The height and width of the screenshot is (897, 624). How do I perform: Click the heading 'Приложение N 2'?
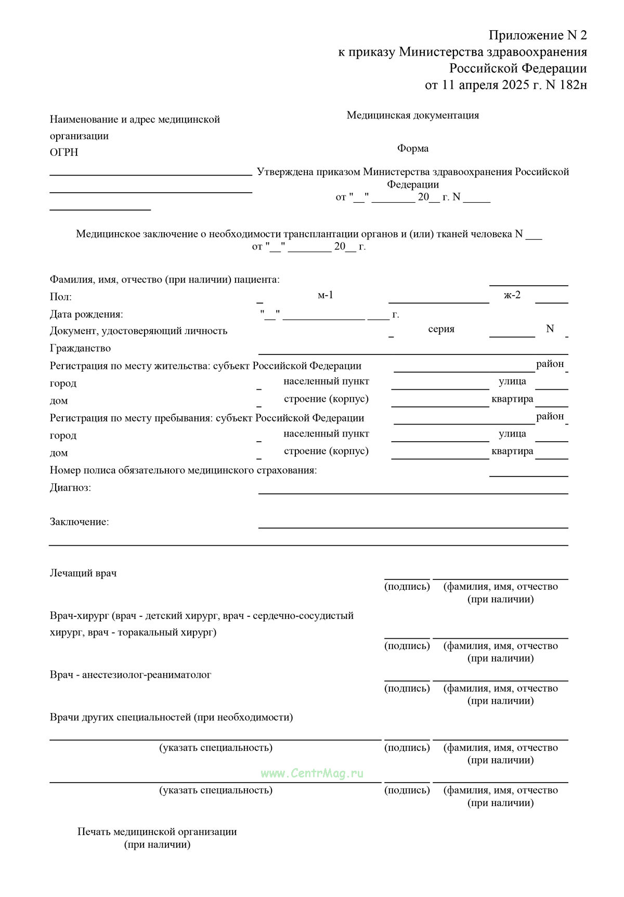tap(537, 35)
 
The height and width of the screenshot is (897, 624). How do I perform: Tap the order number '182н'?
tap(573, 85)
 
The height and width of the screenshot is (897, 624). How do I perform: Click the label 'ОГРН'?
tap(64, 152)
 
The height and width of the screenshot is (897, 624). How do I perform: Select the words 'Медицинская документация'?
tap(413, 115)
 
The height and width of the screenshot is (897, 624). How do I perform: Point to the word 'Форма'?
tap(413, 149)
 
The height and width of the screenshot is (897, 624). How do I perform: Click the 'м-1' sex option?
tap(326, 295)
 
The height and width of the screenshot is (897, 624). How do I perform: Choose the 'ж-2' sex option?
tap(512, 295)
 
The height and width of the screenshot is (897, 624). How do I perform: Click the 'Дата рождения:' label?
tap(86, 314)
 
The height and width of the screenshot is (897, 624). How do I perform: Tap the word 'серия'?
tap(441, 329)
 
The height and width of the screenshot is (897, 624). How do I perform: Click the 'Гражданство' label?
tap(80, 348)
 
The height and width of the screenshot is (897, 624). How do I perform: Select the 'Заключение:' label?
tap(80, 522)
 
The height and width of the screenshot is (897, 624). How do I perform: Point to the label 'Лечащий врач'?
tap(83, 573)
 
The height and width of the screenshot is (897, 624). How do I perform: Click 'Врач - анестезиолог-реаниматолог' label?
tap(131, 675)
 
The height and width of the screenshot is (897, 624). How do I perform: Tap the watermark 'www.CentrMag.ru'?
tap(312, 773)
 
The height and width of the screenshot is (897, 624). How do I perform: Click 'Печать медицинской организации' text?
tap(157, 832)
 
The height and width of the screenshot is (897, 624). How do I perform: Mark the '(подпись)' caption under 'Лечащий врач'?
tap(407, 587)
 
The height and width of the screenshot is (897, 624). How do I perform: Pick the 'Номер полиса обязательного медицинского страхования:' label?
tap(183, 470)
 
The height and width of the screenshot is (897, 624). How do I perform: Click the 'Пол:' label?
tap(61, 297)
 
